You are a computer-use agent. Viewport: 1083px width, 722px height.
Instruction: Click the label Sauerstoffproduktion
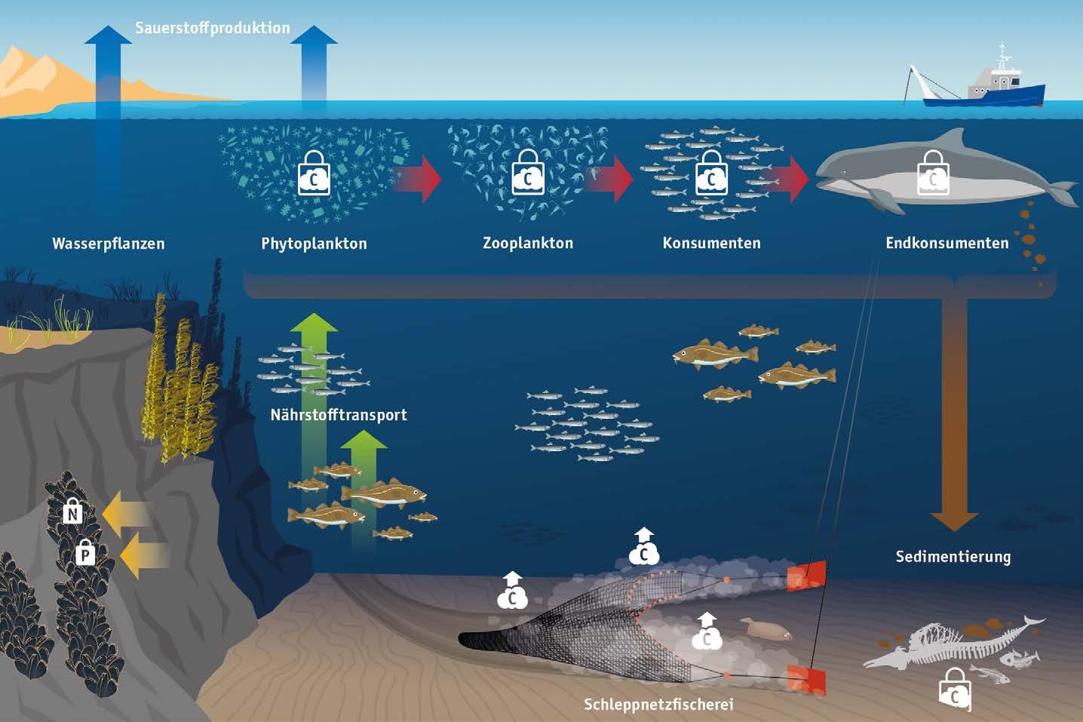pos(212,28)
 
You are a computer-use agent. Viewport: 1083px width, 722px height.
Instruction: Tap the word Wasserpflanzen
pos(108,244)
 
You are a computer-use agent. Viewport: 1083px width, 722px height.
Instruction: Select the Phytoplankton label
pos(314,244)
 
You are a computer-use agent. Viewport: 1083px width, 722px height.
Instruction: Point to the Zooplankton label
pos(528,243)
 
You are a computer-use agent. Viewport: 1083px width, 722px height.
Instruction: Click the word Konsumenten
pos(711,243)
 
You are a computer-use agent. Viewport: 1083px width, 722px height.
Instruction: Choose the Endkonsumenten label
pos(946,243)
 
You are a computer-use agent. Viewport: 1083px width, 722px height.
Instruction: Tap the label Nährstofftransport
pos(339,414)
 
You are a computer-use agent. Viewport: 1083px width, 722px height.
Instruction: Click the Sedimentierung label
pos(953,557)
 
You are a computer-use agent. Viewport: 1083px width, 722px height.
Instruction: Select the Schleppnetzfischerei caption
pos(658,705)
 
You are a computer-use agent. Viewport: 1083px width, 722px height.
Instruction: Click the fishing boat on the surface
pos(988,87)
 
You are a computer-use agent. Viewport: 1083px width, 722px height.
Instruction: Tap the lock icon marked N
pos(72,512)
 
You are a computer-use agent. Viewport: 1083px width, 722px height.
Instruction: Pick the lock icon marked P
pos(86,554)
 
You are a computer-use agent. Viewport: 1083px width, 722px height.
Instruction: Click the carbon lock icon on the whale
pos(934,173)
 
